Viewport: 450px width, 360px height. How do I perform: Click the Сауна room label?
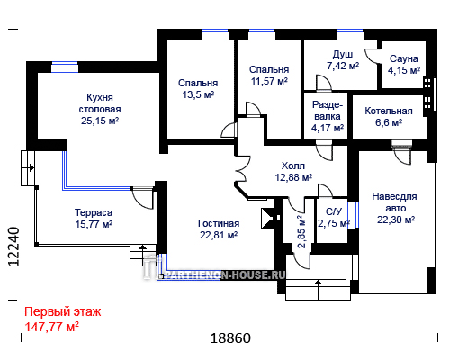coord(404,58)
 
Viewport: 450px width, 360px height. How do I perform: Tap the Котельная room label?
coord(389,111)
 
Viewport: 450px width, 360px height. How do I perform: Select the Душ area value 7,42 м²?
coord(343,66)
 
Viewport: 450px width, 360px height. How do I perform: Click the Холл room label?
coord(293,166)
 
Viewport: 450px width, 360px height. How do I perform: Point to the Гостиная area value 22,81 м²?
coord(219,235)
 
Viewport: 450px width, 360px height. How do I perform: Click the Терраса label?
coord(94,212)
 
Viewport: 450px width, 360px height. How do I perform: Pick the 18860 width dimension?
coord(230,338)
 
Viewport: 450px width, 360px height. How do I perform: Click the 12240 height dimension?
coord(13,247)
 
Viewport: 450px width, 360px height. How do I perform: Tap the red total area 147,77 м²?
coord(51,327)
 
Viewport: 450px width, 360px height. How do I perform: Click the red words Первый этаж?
coord(63,312)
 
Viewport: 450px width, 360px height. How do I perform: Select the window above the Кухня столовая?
coord(65,67)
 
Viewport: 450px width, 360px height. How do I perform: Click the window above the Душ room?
coord(350,35)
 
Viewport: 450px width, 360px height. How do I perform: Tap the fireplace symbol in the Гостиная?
coord(269,218)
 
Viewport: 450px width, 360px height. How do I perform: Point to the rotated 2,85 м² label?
coord(301,231)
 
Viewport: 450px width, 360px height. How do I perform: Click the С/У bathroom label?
coord(334,211)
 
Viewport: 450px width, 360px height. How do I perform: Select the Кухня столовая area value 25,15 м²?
coord(100,121)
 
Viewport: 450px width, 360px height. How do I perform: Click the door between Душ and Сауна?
coord(373,56)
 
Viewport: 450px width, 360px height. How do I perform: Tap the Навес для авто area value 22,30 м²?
coord(396,220)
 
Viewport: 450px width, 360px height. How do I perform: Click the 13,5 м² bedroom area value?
coord(198,94)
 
